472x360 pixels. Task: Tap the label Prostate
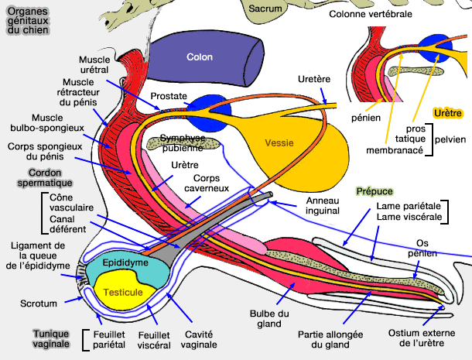click(x=169, y=95)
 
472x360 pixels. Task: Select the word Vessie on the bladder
click(x=279, y=142)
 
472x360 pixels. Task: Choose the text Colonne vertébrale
click(x=370, y=14)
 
